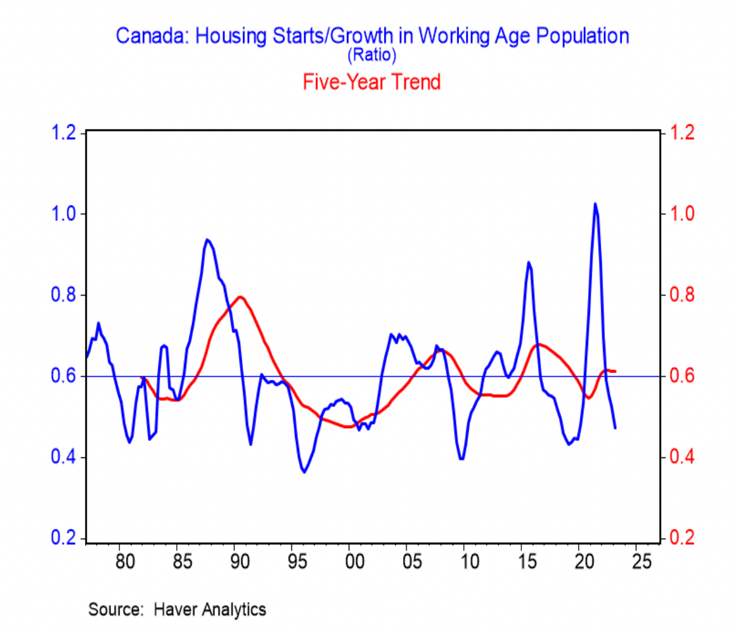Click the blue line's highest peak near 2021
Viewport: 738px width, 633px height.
(x=595, y=204)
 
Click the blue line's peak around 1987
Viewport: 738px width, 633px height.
(x=207, y=239)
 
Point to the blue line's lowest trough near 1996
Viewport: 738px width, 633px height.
(x=304, y=472)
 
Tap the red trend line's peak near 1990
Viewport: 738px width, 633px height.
(x=241, y=297)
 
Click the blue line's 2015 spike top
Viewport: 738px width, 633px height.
(x=528, y=262)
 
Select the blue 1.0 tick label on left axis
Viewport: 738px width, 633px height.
(x=64, y=213)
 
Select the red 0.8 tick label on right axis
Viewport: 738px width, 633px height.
(x=682, y=294)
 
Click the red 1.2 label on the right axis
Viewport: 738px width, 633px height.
(x=682, y=132)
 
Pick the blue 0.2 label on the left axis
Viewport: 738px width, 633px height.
(x=64, y=537)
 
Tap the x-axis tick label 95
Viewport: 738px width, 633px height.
(x=297, y=561)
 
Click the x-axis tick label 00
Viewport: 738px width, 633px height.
(x=354, y=561)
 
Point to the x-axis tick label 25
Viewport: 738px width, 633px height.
(x=641, y=561)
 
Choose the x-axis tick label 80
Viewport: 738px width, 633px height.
(x=125, y=561)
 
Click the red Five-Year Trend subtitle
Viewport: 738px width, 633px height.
(x=371, y=82)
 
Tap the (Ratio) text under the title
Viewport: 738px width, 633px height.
(x=371, y=55)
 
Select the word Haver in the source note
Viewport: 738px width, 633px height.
(x=175, y=609)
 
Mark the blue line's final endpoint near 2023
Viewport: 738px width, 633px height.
(x=615, y=428)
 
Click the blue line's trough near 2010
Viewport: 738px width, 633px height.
(x=462, y=459)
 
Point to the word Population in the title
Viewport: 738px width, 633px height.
(x=582, y=36)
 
